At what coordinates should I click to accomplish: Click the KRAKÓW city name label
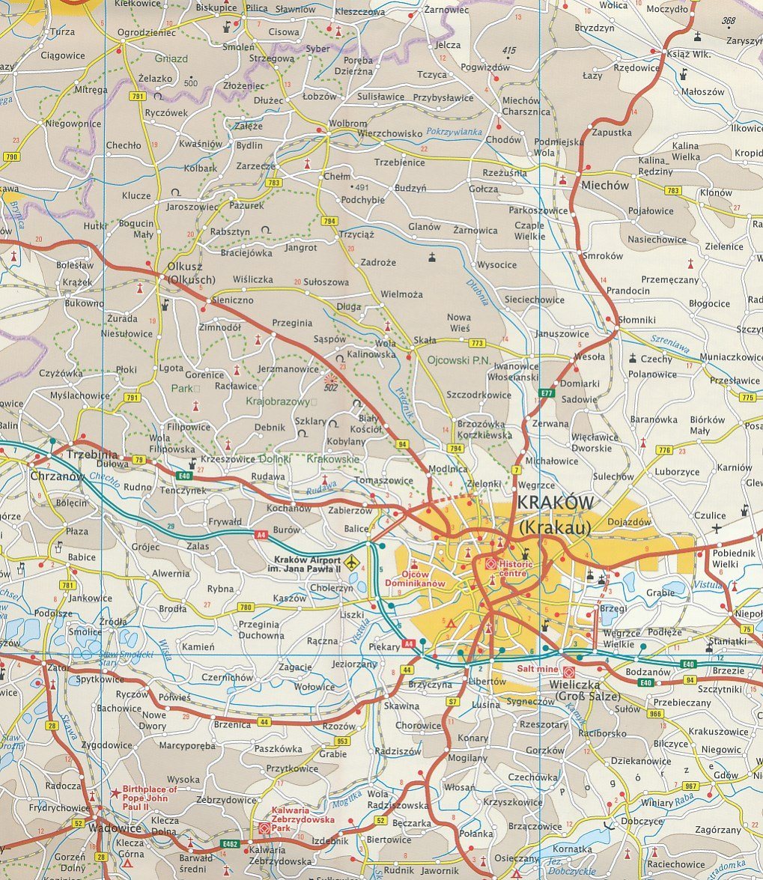[556, 503]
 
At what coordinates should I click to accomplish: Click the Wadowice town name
[115, 829]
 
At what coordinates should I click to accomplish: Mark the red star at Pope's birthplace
[115, 792]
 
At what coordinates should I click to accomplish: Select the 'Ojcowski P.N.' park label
[458, 359]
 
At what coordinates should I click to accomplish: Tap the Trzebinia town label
[92, 455]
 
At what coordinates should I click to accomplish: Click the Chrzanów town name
[55, 476]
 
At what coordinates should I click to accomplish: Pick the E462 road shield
[230, 844]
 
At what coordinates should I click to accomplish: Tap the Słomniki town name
[636, 320]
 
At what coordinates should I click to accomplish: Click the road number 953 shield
[342, 741]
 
